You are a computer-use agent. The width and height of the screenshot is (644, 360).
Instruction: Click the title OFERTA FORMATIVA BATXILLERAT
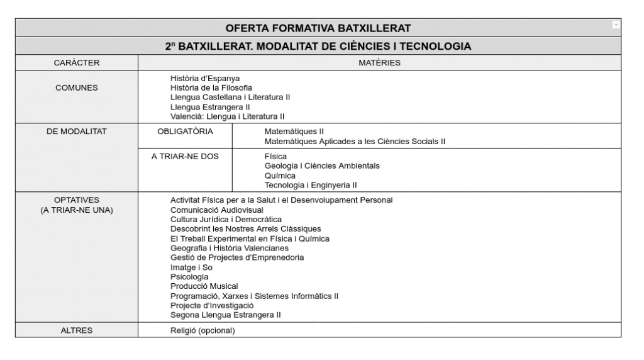[x=318, y=28]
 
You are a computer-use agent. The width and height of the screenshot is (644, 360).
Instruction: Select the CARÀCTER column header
[x=77, y=62]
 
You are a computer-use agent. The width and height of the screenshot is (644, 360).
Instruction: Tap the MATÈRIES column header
[x=379, y=62]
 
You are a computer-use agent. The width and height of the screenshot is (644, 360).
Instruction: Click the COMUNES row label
[x=77, y=87]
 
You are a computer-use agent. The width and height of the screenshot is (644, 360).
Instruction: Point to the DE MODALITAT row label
[x=77, y=132]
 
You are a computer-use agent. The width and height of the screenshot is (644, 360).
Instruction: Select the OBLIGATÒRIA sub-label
[x=185, y=132]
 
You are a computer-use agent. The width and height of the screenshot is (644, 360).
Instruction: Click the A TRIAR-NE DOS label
[x=185, y=156]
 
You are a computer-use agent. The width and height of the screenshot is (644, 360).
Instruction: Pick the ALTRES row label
[x=77, y=330]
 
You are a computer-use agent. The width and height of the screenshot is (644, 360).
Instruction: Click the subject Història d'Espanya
[x=205, y=78]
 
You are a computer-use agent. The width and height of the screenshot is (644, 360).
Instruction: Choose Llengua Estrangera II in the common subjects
[x=210, y=107]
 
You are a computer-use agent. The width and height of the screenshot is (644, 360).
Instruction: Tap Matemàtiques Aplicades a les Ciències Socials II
[x=355, y=141]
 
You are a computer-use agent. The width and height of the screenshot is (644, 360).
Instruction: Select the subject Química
[x=280, y=176]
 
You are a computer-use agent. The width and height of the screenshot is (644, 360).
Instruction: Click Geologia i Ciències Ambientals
[x=322, y=166]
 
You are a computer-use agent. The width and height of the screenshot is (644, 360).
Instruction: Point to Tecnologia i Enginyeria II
[x=311, y=185]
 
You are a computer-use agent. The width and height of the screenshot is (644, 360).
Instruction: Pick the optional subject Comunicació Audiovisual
[x=217, y=210]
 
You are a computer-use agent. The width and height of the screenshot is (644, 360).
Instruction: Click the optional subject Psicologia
[x=189, y=277]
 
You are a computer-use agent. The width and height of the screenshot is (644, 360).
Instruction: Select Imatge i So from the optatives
[x=191, y=267]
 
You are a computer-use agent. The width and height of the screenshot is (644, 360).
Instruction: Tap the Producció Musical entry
[x=204, y=286]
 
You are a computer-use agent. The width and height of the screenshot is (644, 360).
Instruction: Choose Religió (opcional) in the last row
[x=203, y=330]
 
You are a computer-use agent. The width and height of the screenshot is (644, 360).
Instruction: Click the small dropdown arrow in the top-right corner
[x=616, y=25]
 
